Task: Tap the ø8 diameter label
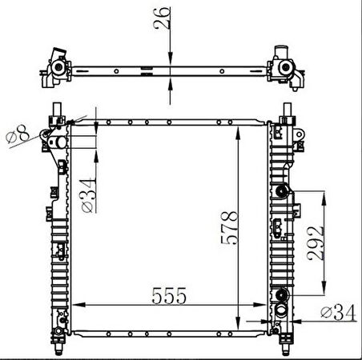pos(18,134)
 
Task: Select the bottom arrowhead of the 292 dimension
pos(324,294)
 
